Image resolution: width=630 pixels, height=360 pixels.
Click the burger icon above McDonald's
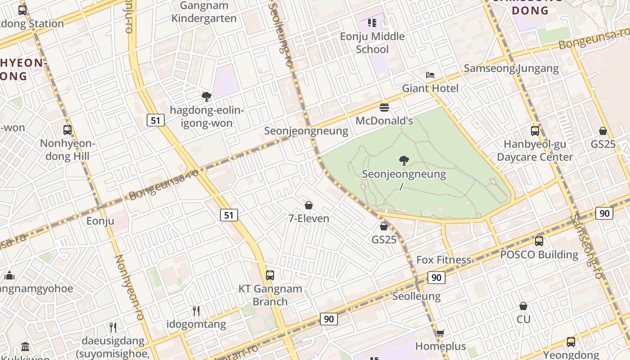pyautogui.click(x=384, y=108)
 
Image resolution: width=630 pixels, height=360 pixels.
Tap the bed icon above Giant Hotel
pyautogui.click(x=430, y=75)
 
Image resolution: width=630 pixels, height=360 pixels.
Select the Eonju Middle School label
pyautogui.click(x=372, y=43)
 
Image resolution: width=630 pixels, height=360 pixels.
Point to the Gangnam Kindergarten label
pyautogui.click(x=204, y=12)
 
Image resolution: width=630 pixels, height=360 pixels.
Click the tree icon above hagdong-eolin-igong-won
pyautogui.click(x=207, y=96)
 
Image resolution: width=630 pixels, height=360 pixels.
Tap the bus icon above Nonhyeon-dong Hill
pyautogui.click(x=67, y=130)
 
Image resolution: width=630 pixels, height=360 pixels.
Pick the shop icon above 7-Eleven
pyautogui.click(x=309, y=205)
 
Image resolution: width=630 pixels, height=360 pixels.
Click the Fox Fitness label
pyautogui.click(x=444, y=260)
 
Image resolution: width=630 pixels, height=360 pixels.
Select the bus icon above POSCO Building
pyautogui.click(x=539, y=241)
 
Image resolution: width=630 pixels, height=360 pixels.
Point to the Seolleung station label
pyautogui.click(x=416, y=296)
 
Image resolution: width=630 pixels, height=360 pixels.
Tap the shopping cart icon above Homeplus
pyautogui.click(x=440, y=333)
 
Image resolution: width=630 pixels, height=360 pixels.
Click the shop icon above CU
pyautogui.click(x=523, y=306)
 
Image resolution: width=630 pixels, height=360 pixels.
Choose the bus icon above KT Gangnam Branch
pyautogui.click(x=270, y=275)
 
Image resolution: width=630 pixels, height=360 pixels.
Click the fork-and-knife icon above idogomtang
pyautogui.click(x=196, y=310)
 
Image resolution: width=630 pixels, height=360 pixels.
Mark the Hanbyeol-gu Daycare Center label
pyautogui.click(x=535, y=151)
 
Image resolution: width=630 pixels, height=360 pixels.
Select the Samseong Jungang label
pyautogui.click(x=511, y=68)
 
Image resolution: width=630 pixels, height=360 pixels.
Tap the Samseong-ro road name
pyautogui.click(x=586, y=245)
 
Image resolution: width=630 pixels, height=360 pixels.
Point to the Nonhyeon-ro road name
pyautogui.click(x=129, y=287)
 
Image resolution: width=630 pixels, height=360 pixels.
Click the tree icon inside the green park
pyautogui.click(x=404, y=160)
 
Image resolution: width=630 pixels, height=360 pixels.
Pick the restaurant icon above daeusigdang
pyautogui.click(x=113, y=327)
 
